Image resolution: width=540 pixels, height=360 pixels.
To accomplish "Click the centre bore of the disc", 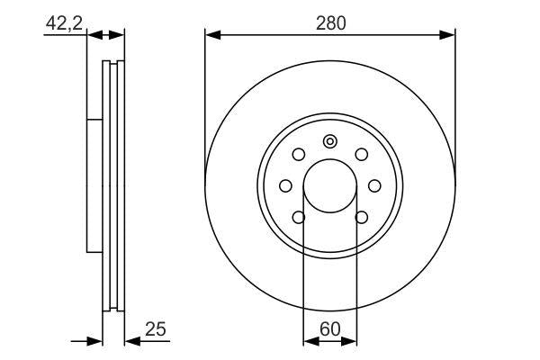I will (330, 184).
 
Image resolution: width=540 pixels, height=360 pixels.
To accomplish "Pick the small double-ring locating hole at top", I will (330, 140).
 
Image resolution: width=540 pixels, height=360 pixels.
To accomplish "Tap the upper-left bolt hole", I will (300, 154).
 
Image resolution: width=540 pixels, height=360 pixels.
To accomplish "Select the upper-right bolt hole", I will (361, 154).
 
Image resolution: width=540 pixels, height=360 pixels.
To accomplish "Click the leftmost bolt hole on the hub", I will (286, 185).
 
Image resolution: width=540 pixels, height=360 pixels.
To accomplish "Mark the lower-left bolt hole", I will (300, 216).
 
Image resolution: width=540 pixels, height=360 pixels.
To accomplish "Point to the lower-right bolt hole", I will (361, 216).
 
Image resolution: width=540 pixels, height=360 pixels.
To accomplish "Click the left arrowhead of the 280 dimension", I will (212, 35).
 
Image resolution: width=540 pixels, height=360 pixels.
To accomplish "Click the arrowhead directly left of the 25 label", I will (129, 341).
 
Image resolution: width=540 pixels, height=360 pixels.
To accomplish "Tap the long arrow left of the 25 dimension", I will (85, 341).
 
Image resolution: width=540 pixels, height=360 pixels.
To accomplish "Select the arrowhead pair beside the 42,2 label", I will (105, 35).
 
